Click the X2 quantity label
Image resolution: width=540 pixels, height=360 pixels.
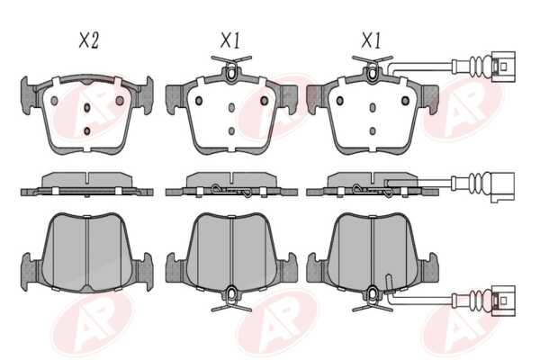pos(89,40)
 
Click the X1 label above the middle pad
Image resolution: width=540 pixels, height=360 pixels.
pos(229,40)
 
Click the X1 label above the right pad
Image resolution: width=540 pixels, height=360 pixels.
pos(371,40)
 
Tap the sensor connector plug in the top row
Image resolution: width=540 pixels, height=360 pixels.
pos(503,67)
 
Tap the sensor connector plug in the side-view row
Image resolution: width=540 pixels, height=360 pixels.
pos(503,187)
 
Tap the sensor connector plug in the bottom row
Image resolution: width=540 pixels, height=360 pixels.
pos(503,301)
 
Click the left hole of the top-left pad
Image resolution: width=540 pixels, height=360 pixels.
pos(54,100)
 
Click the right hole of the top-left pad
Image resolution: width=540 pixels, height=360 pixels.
pos(120,100)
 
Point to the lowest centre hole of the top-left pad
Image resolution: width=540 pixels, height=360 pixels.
pos(86,130)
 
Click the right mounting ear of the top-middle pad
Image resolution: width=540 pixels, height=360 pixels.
pos(289,99)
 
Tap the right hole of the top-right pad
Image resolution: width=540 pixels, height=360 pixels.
pos(405,100)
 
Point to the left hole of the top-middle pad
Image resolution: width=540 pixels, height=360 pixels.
pos(199,100)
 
